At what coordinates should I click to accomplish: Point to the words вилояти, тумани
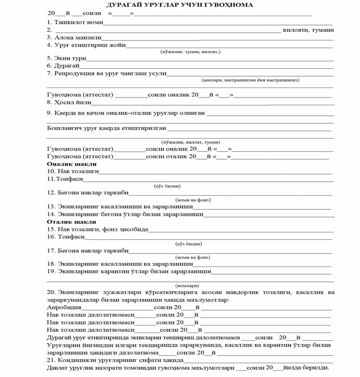309,30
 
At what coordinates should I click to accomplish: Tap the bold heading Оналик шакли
72,164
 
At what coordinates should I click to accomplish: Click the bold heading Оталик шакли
72,222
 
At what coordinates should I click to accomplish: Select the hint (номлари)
187,285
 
